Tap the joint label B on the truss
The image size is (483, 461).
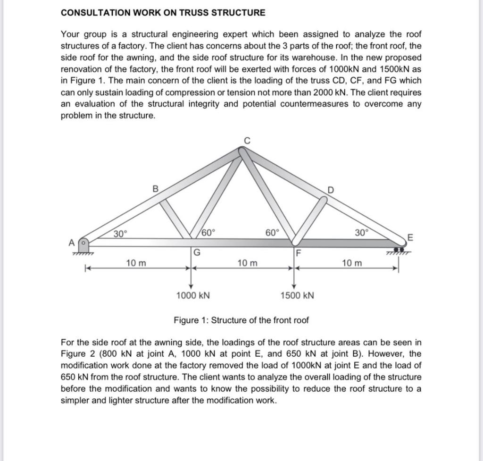click(155, 189)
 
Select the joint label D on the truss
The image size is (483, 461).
click(330, 191)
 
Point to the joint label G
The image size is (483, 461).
click(197, 252)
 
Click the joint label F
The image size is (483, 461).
click(297, 252)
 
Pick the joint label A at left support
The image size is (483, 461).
click(72, 243)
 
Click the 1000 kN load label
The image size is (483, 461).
click(192, 296)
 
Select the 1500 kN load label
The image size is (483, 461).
click(297, 296)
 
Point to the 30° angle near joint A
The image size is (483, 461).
click(121, 233)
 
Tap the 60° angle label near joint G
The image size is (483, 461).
click(208, 232)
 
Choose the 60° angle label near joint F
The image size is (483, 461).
click(272, 232)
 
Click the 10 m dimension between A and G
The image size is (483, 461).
click(136, 262)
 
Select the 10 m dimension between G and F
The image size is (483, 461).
click(247, 262)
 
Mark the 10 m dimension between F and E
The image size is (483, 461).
click(353, 262)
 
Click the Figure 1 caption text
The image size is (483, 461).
click(241, 320)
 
